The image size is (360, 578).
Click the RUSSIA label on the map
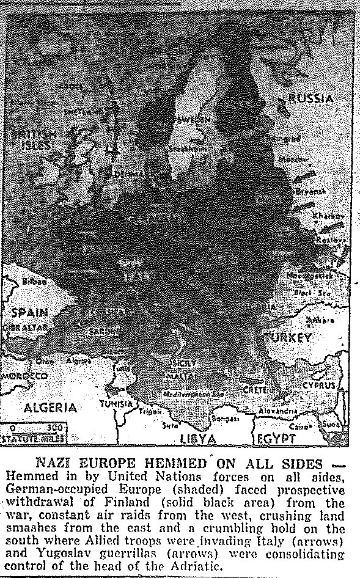(311, 99)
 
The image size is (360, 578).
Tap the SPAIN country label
(29, 313)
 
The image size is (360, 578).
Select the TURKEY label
(288, 337)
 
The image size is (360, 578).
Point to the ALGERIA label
(50, 408)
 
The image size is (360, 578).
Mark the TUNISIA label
(117, 404)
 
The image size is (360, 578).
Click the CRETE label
(255, 389)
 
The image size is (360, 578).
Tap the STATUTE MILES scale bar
(34, 431)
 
